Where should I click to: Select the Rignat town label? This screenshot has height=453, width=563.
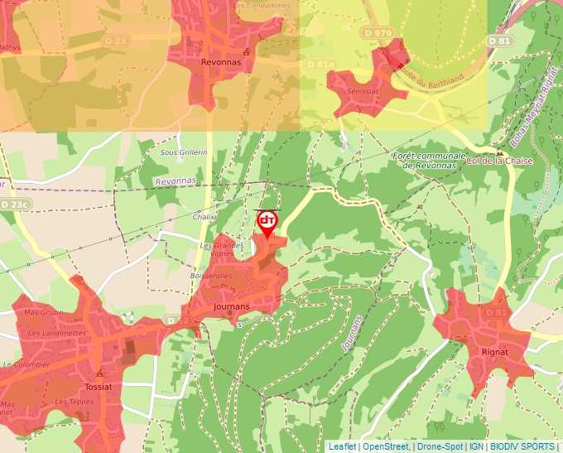(x=494, y=352)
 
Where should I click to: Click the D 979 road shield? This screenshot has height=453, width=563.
(x=378, y=32)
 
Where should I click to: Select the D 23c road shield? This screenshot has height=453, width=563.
(x=14, y=204)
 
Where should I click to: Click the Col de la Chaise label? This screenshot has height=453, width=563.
(x=500, y=161)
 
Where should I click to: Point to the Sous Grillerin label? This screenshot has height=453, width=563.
(x=184, y=152)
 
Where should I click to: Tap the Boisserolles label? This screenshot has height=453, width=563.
(x=210, y=276)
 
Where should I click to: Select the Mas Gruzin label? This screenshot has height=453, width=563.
(x=44, y=312)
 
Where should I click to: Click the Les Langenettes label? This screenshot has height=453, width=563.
(x=57, y=333)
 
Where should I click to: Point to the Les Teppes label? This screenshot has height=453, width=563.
(x=73, y=402)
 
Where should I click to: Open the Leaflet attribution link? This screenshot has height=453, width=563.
(x=342, y=446)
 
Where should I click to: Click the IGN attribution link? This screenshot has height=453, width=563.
(x=476, y=446)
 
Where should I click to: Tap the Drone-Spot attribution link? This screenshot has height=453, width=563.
(x=440, y=446)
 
